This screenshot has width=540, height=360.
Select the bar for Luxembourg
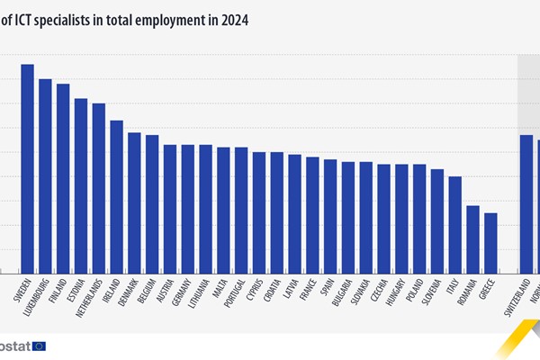pyautogui.click(x=45, y=175)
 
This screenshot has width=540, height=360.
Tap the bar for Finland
pyautogui.click(x=63, y=178)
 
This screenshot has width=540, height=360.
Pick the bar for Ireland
pyautogui.click(x=116, y=196)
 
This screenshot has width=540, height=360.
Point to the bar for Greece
pyautogui.click(x=490, y=242)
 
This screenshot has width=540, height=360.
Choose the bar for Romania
pyautogui.click(x=472, y=238)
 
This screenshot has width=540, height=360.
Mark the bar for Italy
pyautogui.click(x=454, y=224)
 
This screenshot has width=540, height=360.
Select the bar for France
pyautogui.click(x=312, y=214)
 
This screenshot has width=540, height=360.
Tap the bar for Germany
pyautogui.click(x=187, y=208)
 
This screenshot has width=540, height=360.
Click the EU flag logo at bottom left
pyautogui.click(x=39, y=346)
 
